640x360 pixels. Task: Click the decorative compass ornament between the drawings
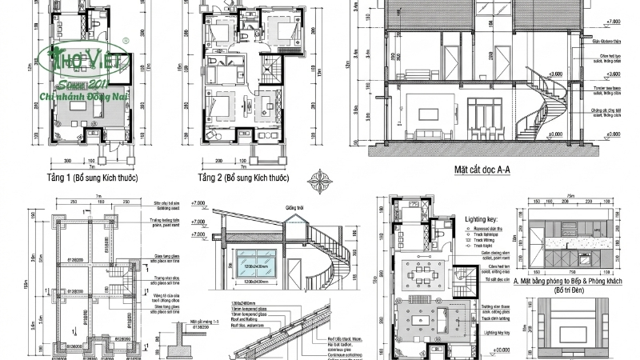coord(323,177)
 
